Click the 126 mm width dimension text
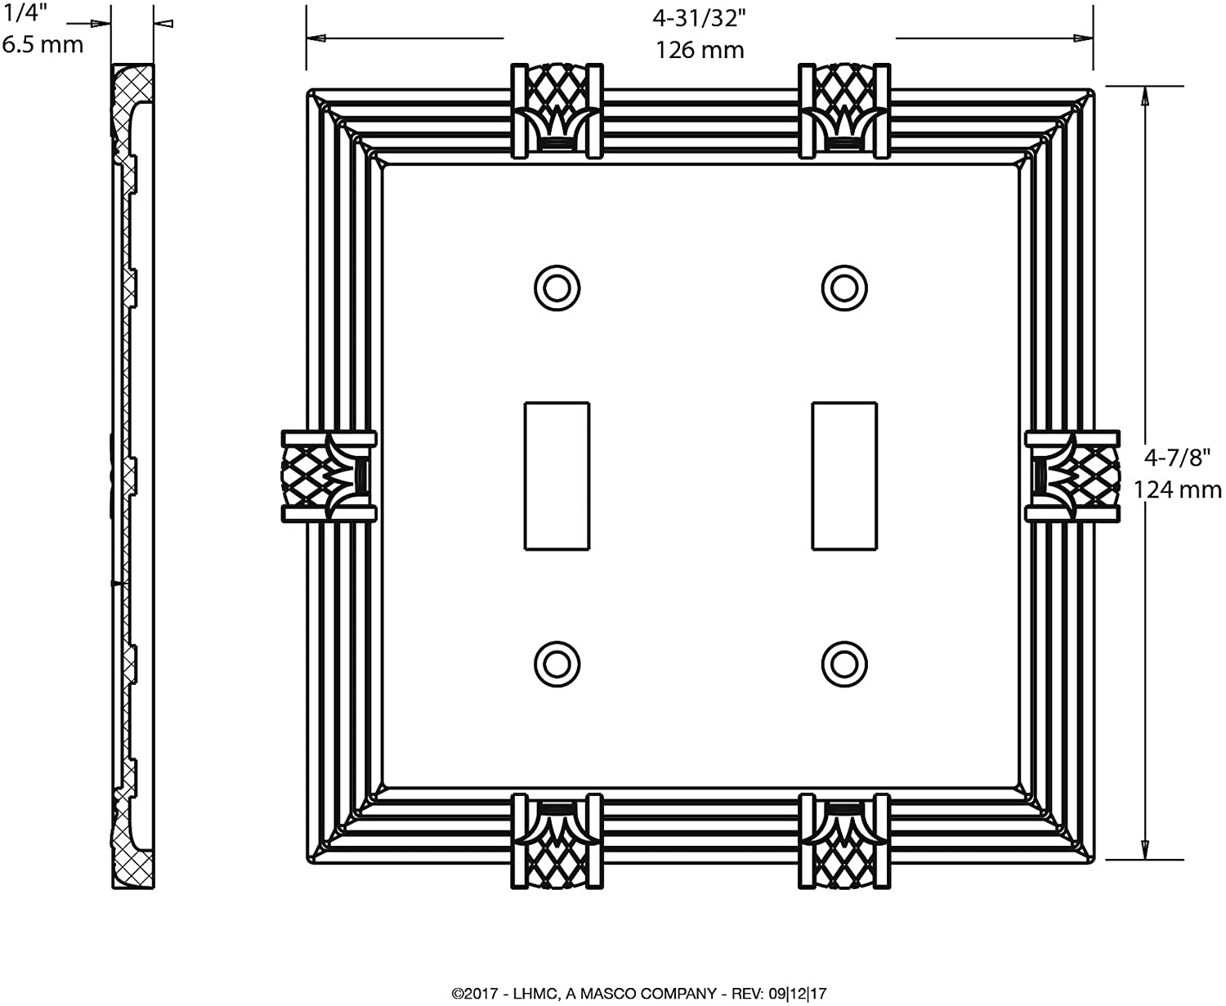[x=700, y=51]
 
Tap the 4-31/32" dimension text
[x=699, y=19]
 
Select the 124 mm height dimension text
[x=1177, y=490]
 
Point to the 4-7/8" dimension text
[x=1177, y=458]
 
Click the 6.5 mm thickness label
[x=43, y=45]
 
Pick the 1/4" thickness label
[x=25, y=13]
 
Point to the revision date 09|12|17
[x=798, y=993]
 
